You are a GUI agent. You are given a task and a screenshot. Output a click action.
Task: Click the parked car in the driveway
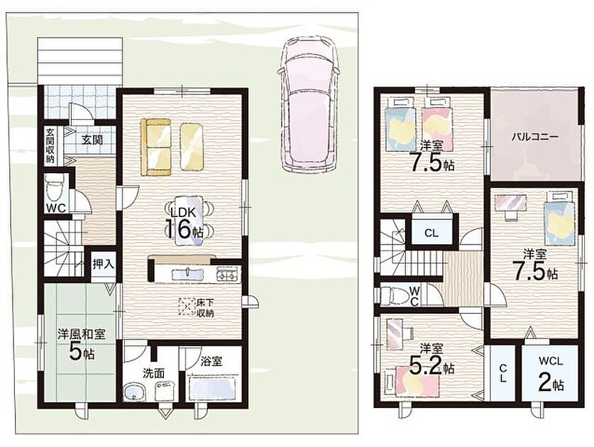[x=306, y=105]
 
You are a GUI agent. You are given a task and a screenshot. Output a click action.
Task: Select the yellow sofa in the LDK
[x=155, y=147]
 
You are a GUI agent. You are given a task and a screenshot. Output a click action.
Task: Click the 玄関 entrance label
[x=92, y=140]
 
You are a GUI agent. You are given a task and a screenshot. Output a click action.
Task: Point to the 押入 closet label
[x=104, y=264]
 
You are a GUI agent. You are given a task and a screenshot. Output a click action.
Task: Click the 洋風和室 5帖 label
[x=82, y=344]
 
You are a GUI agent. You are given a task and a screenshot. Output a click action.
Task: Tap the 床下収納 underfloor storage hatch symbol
[x=187, y=307]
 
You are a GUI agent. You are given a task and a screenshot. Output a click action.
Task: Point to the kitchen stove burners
[x=228, y=274]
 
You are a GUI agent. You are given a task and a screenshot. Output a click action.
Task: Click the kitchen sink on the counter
[x=187, y=273]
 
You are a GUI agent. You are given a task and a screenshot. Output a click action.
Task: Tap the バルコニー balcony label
[x=534, y=137]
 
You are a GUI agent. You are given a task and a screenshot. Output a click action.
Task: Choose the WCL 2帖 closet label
[x=551, y=373]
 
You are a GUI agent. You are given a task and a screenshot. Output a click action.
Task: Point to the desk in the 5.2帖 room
[x=396, y=332]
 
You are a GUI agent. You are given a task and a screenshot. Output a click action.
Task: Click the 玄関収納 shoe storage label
[x=50, y=145]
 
